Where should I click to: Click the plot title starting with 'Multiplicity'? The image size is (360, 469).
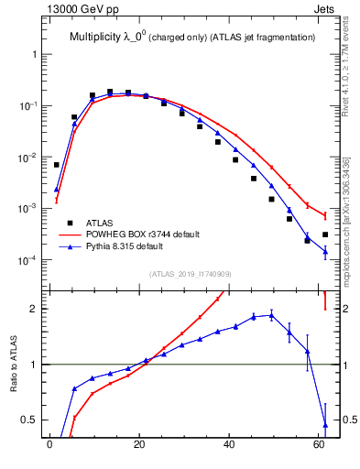coord(192,37)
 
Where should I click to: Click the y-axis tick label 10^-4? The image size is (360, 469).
coord(27,261)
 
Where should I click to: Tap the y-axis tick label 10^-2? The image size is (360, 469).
coord(27,158)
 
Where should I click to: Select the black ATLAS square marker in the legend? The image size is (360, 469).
coord(70,223)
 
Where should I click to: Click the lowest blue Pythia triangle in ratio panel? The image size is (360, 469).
coord(325,424)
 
